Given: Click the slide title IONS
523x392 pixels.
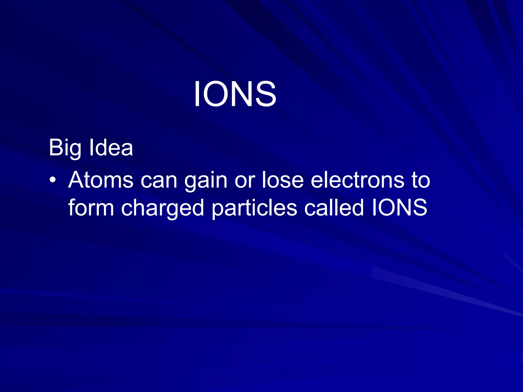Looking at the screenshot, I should pyautogui.click(x=235, y=94).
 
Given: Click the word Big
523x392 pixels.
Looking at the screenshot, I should pyautogui.click(x=65, y=148).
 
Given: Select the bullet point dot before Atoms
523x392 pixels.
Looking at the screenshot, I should pyautogui.click(x=53, y=180).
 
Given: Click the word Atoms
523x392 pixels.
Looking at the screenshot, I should pyautogui.click(x=101, y=180).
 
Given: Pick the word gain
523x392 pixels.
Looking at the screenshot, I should pyautogui.click(x=206, y=181).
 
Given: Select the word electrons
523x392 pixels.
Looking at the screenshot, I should pyautogui.click(x=358, y=180).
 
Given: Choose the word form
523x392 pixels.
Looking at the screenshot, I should pyautogui.click(x=91, y=208).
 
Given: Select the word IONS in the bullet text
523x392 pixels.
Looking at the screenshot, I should pyautogui.click(x=400, y=208).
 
